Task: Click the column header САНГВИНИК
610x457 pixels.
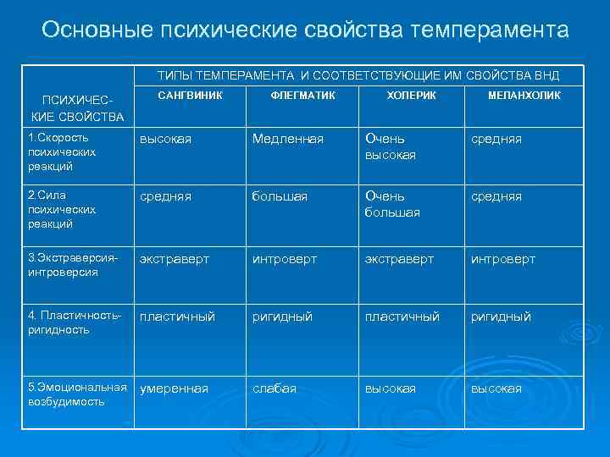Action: [190, 96]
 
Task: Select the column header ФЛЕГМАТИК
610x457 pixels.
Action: [303, 96]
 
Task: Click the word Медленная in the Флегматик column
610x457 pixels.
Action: [288, 139]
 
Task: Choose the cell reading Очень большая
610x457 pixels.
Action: [392, 204]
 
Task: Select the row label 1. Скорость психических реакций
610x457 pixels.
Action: [61, 151]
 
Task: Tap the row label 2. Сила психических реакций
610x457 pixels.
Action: [61, 209]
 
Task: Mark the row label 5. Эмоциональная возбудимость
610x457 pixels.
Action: [76, 394]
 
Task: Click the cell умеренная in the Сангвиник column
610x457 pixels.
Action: [174, 388]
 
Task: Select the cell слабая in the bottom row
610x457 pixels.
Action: [274, 388]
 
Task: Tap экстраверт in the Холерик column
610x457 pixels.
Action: [400, 259]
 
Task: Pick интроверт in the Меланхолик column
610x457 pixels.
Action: [503, 259]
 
